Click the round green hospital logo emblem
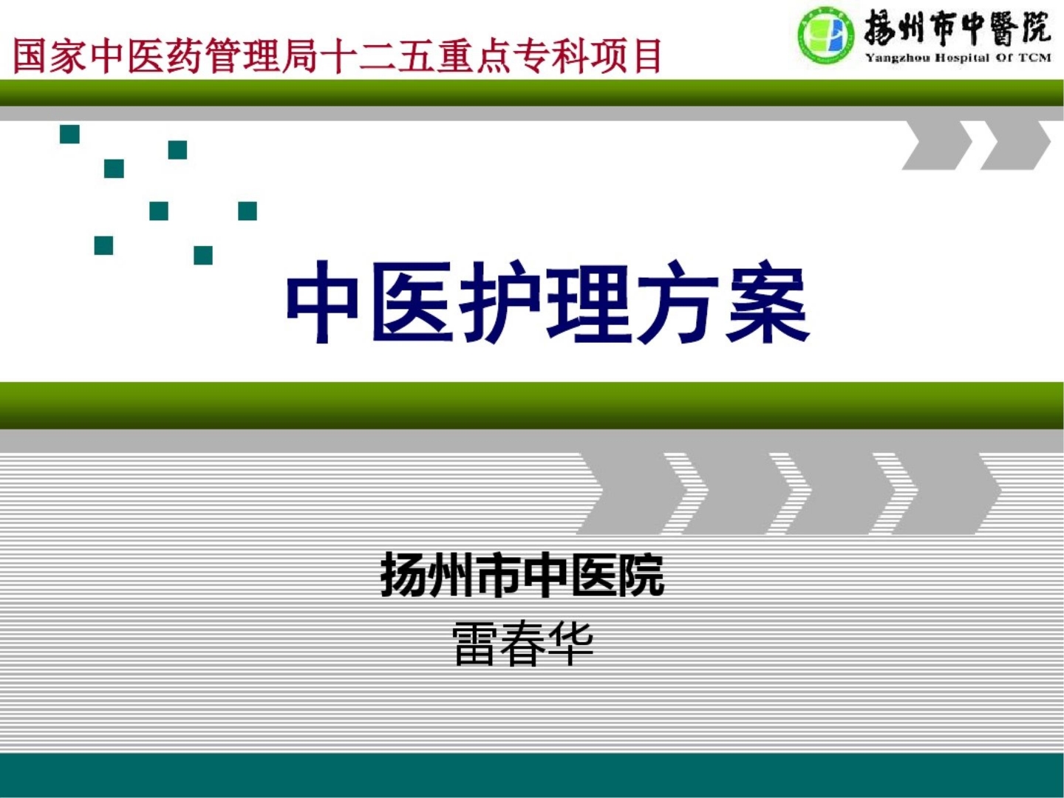click(x=825, y=35)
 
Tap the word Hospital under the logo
click(x=961, y=58)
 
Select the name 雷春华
click(x=522, y=643)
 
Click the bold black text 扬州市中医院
click(x=522, y=575)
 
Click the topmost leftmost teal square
click(x=69, y=134)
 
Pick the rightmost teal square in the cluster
click(x=248, y=211)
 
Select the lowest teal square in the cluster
click(x=203, y=256)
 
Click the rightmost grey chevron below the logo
click(x=1015, y=145)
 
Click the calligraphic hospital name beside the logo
click(x=958, y=28)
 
